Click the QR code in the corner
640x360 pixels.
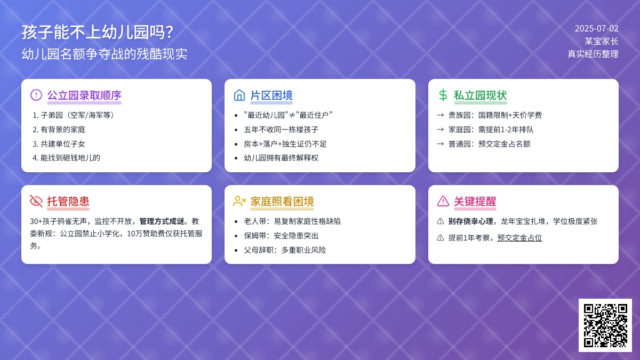605,325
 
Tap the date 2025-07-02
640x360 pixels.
597,29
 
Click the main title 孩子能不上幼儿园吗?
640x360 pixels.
98,32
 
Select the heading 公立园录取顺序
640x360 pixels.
84,95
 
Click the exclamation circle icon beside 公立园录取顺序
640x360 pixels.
36,95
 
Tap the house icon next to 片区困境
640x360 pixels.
239,95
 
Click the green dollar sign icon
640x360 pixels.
443,95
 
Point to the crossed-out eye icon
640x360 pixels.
36,201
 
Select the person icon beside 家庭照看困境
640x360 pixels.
239,201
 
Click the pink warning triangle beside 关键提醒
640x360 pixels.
443,201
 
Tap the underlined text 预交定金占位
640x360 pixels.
519,238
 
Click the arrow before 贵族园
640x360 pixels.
441,115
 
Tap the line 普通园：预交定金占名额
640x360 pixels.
490,143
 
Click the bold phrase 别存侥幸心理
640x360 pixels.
470,221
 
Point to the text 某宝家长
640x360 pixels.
602,41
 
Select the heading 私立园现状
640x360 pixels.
481,95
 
